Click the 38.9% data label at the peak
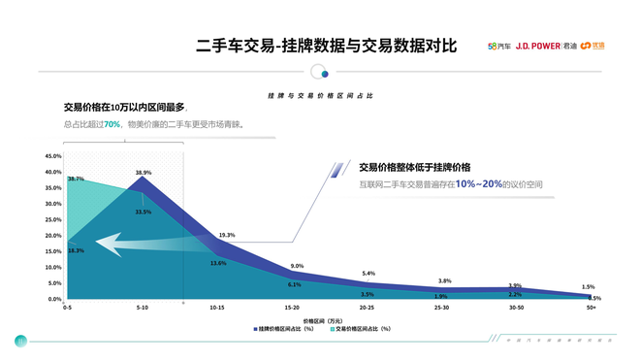click(144, 173)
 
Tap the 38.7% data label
click(76, 179)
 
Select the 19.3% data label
click(227, 235)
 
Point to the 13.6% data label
click(219, 263)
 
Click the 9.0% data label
click(297, 266)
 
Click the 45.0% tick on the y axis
click(53, 156)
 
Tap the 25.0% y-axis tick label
click(53, 220)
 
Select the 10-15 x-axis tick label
click(217, 307)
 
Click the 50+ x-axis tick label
click(589, 307)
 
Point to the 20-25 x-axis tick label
click(367, 307)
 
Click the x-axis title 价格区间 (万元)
click(322, 319)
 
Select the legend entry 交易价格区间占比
click(363, 329)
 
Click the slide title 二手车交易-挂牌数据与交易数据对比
click(326, 46)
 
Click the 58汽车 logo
click(499, 46)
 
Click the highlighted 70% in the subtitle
click(112, 124)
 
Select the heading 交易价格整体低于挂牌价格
click(414, 166)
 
